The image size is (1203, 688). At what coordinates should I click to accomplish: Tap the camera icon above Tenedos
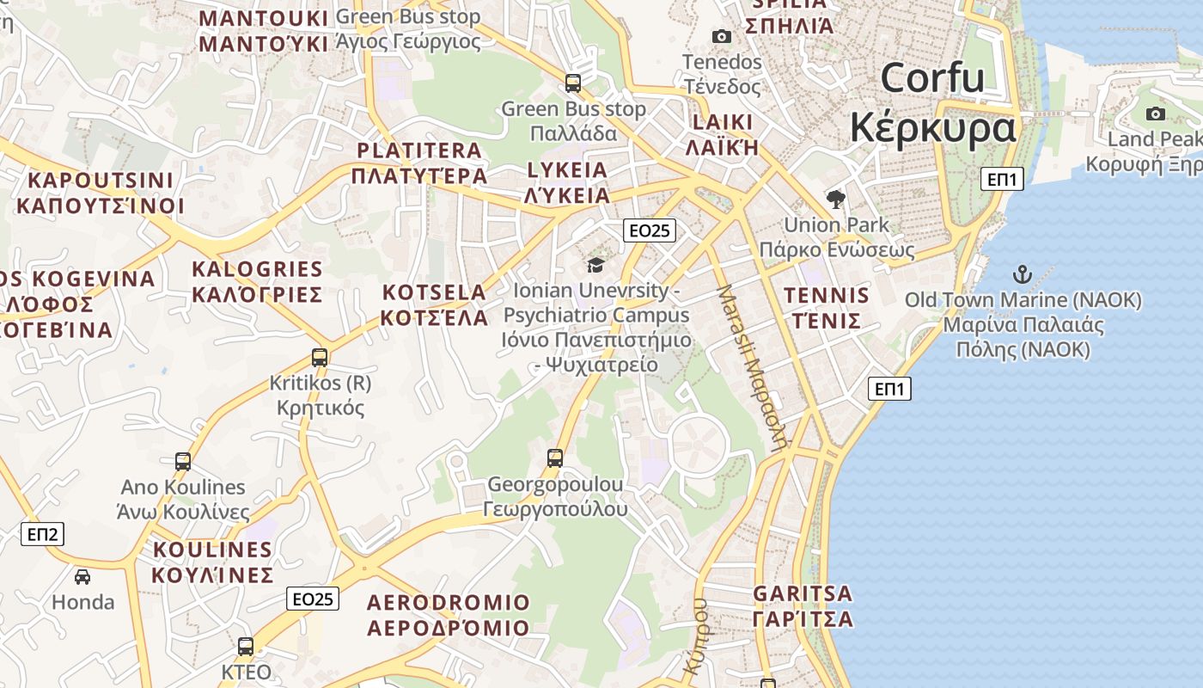(722, 36)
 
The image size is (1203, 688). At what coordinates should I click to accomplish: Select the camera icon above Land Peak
(1156, 114)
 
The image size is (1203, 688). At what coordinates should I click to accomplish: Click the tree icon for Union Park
(835, 200)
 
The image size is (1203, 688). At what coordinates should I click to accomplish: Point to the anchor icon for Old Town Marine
(1022, 275)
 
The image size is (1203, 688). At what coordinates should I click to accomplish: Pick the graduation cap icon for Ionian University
(595, 265)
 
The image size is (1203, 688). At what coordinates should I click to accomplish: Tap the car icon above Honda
(82, 576)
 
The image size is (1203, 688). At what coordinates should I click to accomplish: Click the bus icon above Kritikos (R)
(320, 357)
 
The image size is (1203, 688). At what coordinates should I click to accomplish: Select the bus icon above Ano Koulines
(183, 462)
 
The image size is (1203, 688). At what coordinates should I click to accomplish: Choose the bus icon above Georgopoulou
(555, 458)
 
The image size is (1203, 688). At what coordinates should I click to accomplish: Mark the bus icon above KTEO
(246, 647)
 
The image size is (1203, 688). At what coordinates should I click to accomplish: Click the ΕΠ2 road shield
(42, 534)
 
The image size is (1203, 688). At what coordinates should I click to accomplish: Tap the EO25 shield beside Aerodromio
(313, 599)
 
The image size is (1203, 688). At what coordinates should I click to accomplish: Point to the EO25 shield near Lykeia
(650, 230)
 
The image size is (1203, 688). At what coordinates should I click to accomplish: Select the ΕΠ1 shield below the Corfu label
(1002, 179)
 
